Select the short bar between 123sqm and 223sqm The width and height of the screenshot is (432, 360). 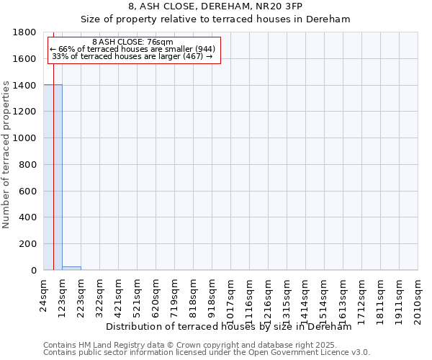coord(71,268)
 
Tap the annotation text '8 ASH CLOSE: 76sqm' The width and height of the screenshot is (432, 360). coord(133,42)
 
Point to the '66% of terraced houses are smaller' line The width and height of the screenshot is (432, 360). coord(133,49)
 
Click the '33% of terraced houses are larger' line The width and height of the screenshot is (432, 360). coord(133,56)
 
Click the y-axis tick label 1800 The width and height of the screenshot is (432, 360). coord(25,32)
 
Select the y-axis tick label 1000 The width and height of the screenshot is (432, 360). coord(25,138)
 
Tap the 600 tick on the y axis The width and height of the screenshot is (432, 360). coord(29,191)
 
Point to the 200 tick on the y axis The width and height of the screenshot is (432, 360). coord(29,244)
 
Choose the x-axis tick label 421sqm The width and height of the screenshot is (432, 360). coord(119,294)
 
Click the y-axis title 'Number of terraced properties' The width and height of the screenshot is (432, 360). coord(7,155)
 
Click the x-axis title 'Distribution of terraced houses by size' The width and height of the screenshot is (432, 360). coord(228,327)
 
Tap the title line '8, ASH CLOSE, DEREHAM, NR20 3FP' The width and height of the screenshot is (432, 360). coord(215,6)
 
